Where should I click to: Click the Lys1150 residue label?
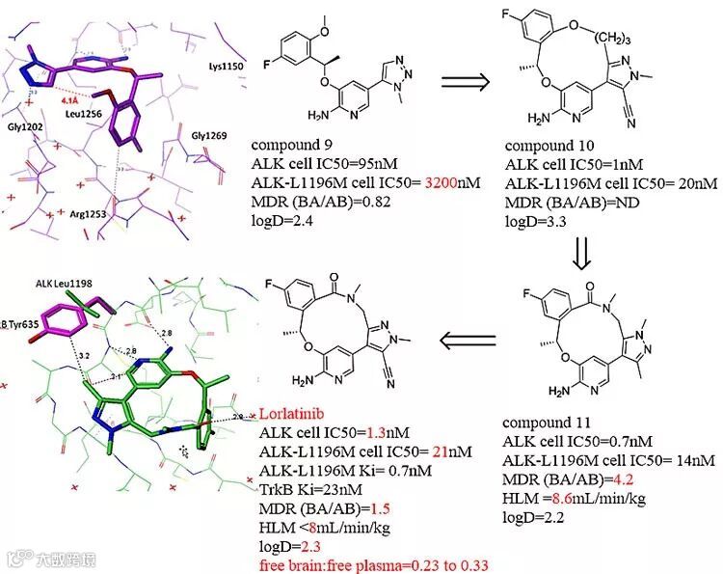coord(228,68)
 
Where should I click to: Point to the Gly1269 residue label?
coord(209,136)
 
